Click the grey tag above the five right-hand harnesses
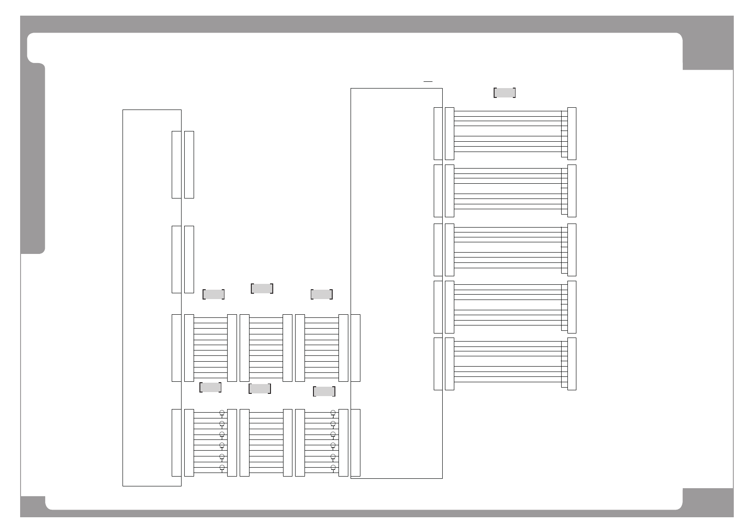coord(504,93)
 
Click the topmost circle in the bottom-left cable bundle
coord(222,412)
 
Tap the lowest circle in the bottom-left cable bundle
coord(222,468)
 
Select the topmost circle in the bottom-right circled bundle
coord(333,412)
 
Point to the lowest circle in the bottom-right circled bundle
coord(333,468)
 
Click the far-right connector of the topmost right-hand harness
coord(571,134)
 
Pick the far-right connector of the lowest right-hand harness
coord(571,364)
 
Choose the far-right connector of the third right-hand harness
coord(571,250)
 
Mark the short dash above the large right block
coord(428,82)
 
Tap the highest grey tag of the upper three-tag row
coord(262,288)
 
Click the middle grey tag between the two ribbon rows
coord(259,388)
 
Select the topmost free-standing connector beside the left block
coord(189,165)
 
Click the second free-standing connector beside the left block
coord(189,259)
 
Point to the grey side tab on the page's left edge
coord(33,159)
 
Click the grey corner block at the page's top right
coord(708,51)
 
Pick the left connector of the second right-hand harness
coord(449,191)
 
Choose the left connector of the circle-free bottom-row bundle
coord(245,443)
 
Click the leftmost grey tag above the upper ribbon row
coord(213,294)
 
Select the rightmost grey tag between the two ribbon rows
coord(324,392)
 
